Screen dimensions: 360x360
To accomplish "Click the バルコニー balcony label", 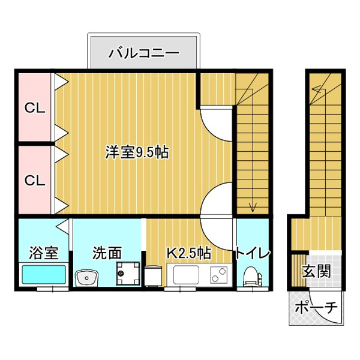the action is coord(143,53).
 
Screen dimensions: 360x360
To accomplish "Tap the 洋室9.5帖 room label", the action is coord(137,152).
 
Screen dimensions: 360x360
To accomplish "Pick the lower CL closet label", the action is coord(35,180).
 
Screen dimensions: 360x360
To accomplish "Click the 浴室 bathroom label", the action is coord(44,253).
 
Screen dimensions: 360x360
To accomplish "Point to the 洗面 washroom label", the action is coord(107,253).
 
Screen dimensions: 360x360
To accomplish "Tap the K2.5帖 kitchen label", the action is coord(188,253).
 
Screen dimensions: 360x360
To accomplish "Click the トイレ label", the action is coord(253,253).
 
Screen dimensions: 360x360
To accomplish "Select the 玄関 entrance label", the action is coord(316,271).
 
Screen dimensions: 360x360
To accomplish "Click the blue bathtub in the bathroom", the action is coord(44,274).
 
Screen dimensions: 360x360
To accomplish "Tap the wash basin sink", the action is coord(86,278).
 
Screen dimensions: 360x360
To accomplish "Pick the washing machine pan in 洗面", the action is coord(128,273).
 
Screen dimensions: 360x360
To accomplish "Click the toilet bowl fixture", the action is coord(253,276).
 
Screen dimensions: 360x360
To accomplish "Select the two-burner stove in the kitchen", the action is coord(219,275).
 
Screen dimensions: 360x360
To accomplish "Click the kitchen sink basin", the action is coord(186,275).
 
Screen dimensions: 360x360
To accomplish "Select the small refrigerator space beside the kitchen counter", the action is coord(153,276).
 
